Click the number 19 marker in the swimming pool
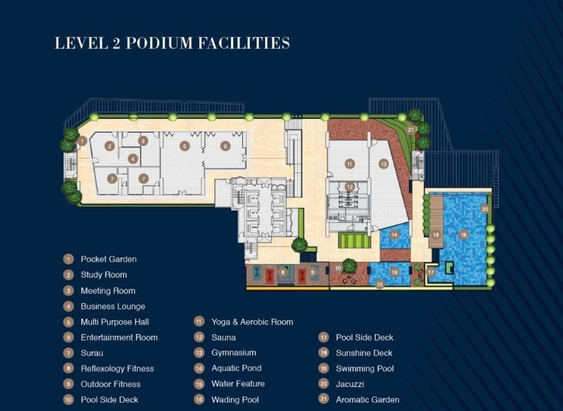[x=463, y=235]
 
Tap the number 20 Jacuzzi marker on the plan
[x=485, y=209]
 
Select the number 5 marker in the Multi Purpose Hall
[x=185, y=146]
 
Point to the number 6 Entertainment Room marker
[x=225, y=146]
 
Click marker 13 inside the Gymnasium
[x=384, y=164]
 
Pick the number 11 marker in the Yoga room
[x=350, y=164]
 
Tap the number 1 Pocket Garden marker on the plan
[x=82, y=141]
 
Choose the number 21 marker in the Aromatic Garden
[x=411, y=129]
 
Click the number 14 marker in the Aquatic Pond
[x=394, y=235]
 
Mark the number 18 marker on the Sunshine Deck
[x=436, y=235]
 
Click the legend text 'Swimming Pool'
[x=365, y=369]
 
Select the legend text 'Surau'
[x=92, y=353]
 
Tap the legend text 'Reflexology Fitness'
[x=117, y=369]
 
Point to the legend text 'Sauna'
[x=224, y=338]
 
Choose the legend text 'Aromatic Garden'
[x=367, y=400]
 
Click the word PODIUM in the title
[x=160, y=43]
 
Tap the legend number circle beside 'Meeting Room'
[x=68, y=291]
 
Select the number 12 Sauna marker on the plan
[x=350, y=187]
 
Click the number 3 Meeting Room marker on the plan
[x=143, y=141]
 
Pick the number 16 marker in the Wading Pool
[x=394, y=272]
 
